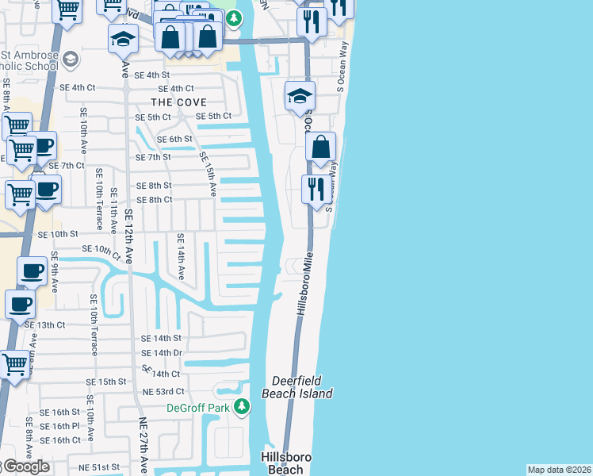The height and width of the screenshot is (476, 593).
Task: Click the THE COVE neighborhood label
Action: point(179,102)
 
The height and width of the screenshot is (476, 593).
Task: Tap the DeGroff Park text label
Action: point(197,408)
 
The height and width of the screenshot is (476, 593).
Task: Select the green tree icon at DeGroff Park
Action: point(243,408)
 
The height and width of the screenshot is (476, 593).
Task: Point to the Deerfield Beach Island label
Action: point(302,386)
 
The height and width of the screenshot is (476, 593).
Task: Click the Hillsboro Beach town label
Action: point(286,463)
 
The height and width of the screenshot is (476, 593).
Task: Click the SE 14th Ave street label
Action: point(181,256)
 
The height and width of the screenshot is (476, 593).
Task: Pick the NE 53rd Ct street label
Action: point(163,391)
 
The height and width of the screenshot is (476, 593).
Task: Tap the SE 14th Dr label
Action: point(162,352)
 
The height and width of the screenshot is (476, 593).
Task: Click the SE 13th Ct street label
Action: point(44,324)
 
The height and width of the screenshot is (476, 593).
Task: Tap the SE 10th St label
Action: point(59,234)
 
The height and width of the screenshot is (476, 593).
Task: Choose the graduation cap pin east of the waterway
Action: point(300,97)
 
